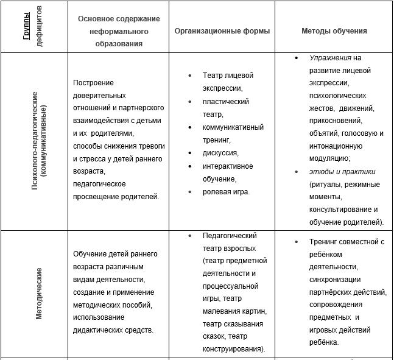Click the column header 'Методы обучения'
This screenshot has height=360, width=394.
tap(334, 31)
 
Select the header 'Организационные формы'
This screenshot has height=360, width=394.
tap(222, 31)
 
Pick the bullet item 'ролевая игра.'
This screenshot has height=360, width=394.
tap(226, 191)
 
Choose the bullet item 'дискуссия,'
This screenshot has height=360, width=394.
tap(220, 153)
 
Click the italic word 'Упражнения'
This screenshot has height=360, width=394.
tap(330, 58)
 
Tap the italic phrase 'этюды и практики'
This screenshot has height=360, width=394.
tap(342, 172)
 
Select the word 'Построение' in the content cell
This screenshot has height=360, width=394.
tap(93, 83)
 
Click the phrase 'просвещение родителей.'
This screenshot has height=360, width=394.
tap(116, 196)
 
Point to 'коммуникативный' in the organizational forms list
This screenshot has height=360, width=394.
tap(233, 127)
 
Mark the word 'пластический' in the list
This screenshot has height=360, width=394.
tap(227, 101)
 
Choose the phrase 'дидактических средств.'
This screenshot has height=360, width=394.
tap(113, 330)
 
